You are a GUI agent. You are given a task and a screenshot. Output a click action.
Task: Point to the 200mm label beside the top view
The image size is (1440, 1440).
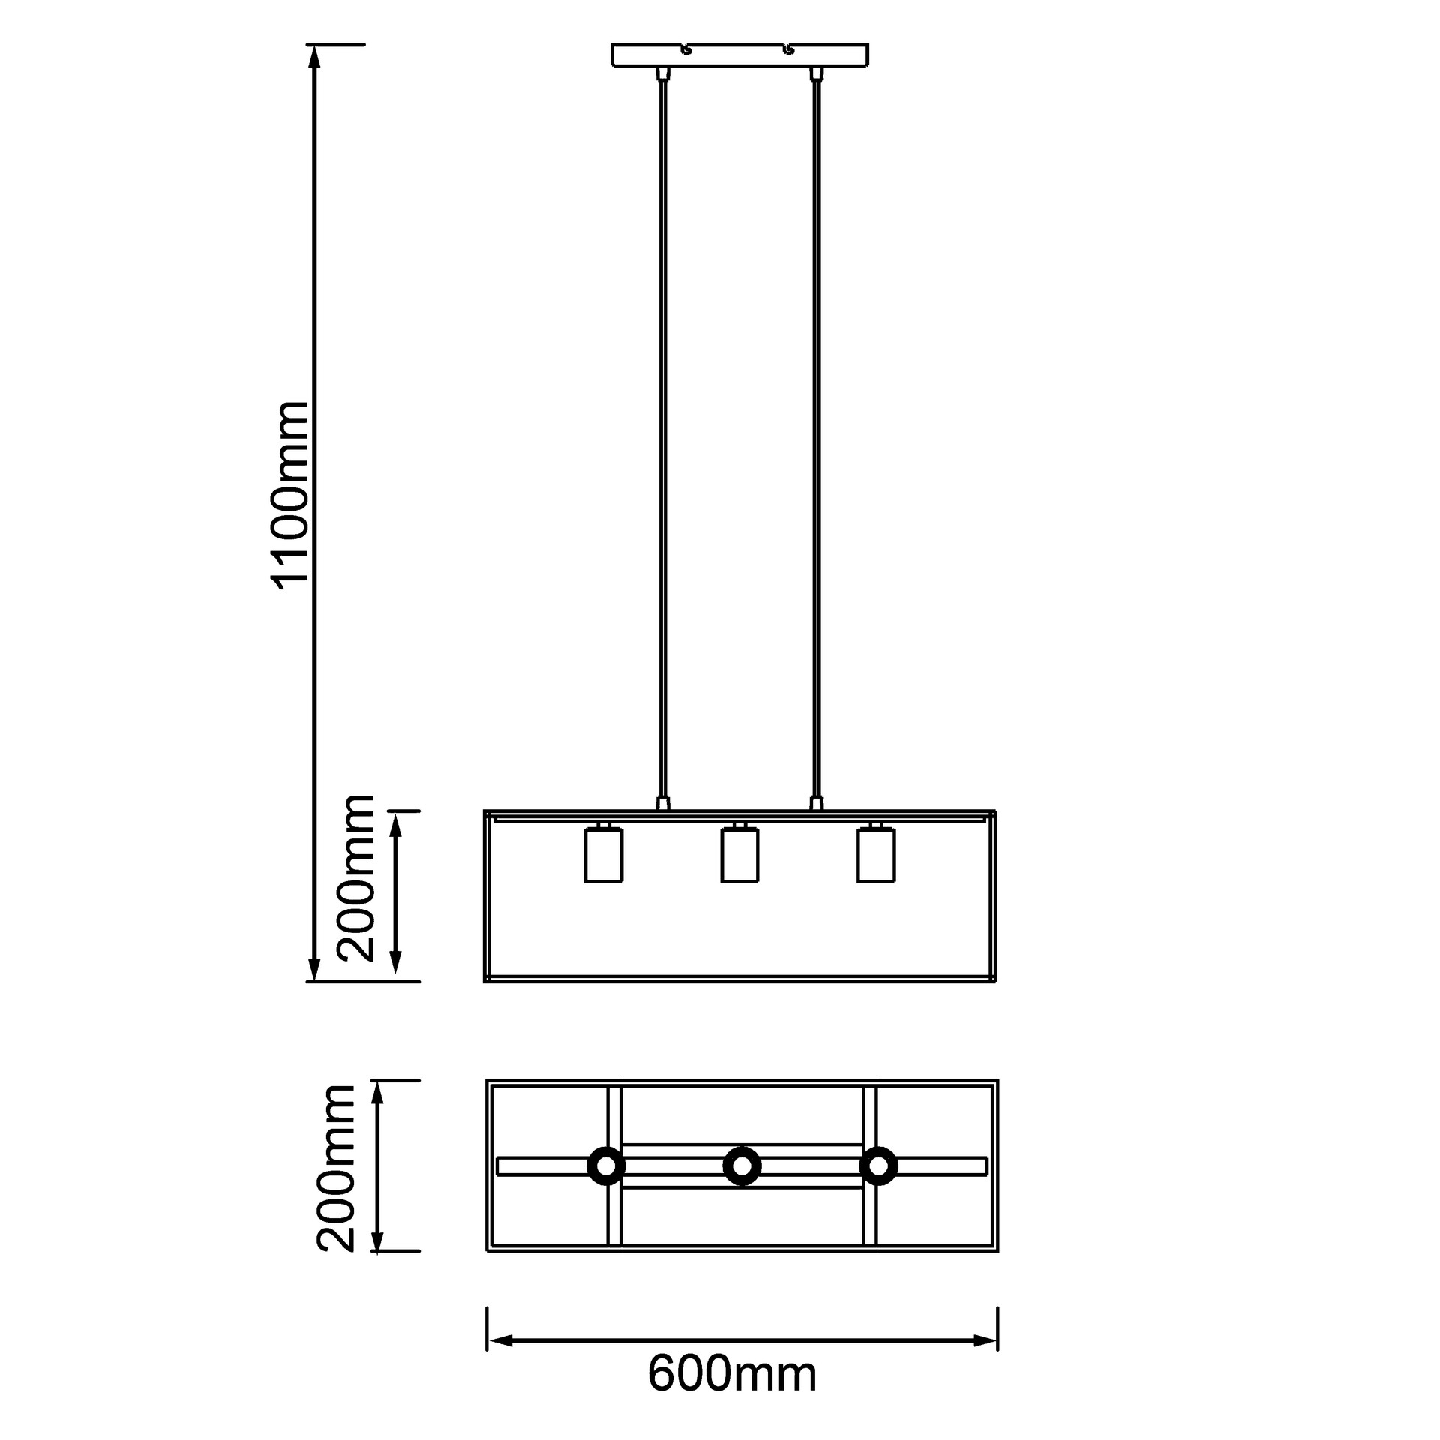335,1168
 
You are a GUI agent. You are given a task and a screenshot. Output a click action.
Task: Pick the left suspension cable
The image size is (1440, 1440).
661,435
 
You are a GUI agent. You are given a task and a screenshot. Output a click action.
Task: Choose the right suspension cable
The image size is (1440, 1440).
816,435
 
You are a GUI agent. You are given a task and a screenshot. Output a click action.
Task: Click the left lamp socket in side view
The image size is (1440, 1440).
604,854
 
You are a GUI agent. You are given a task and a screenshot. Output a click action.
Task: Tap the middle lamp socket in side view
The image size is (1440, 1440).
739,854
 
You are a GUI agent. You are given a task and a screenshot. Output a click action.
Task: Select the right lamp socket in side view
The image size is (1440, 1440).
876,854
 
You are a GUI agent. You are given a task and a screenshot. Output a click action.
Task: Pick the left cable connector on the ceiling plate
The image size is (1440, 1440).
661,73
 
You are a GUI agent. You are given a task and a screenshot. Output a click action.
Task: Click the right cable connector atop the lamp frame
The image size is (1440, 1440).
816,803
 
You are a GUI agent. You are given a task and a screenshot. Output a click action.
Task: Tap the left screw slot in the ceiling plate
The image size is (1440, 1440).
684,50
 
